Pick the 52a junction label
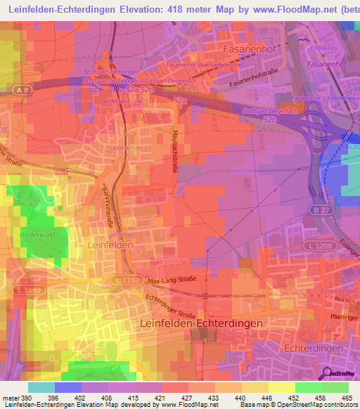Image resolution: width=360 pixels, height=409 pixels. tap(181, 102)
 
